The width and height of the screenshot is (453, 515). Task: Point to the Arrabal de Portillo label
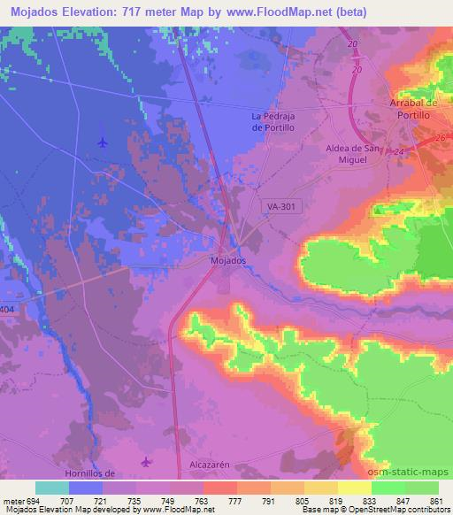tap(414, 109)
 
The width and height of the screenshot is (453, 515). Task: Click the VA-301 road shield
tap(281, 205)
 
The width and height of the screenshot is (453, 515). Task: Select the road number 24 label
tap(400, 152)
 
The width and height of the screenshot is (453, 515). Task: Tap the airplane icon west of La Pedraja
tap(103, 142)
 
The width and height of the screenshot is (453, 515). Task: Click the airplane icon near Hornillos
tap(146, 461)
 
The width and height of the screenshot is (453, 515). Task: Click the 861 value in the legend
tap(433, 501)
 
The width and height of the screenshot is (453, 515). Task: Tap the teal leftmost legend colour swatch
tap(52, 488)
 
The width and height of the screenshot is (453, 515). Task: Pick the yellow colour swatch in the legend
tap(354, 488)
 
